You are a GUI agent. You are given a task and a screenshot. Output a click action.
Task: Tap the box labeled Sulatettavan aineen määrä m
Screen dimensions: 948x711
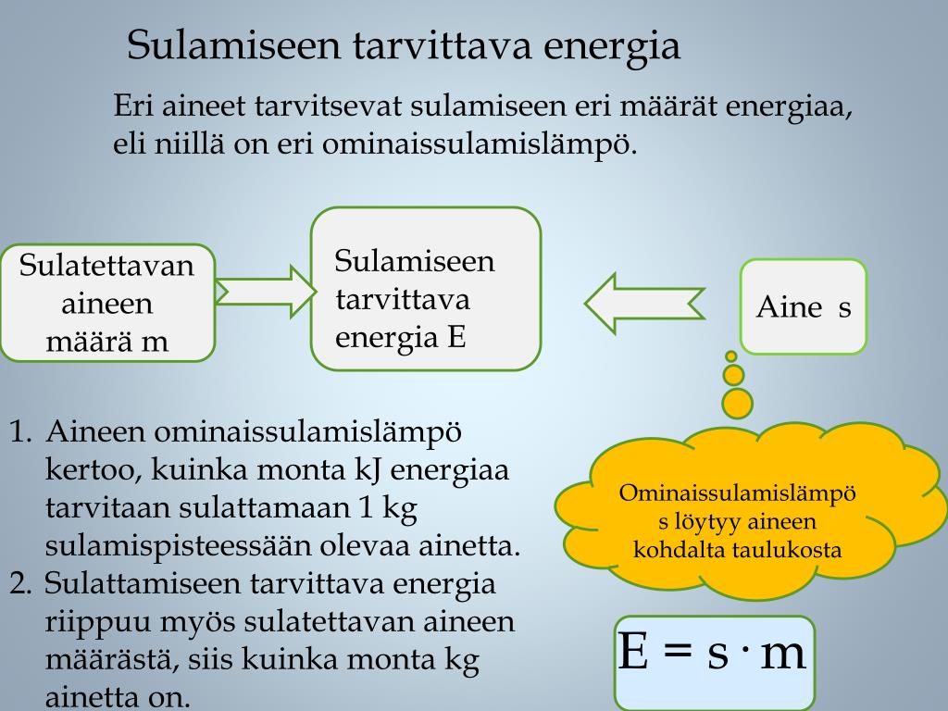pos(107,303)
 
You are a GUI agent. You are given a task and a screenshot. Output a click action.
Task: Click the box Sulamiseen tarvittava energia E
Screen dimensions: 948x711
pos(425,289)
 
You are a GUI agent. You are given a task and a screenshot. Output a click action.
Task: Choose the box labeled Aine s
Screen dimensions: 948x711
pos(803,306)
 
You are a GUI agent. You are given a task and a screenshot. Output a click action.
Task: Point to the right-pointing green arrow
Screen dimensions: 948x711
pos(265,292)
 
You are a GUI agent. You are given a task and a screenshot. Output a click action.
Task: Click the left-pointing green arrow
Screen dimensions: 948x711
pos(644,302)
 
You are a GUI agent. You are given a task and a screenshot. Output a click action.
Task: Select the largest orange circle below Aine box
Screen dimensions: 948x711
pos(737,403)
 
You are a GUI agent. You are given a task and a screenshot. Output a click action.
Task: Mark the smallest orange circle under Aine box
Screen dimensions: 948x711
pos(730,355)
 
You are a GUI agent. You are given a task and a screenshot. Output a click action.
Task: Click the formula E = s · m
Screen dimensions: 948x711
pos(712,653)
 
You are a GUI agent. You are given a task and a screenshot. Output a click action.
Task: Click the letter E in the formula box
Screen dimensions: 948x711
pos(633,653)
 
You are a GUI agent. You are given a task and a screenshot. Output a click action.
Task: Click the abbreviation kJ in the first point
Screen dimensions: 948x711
pos(368,469)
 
